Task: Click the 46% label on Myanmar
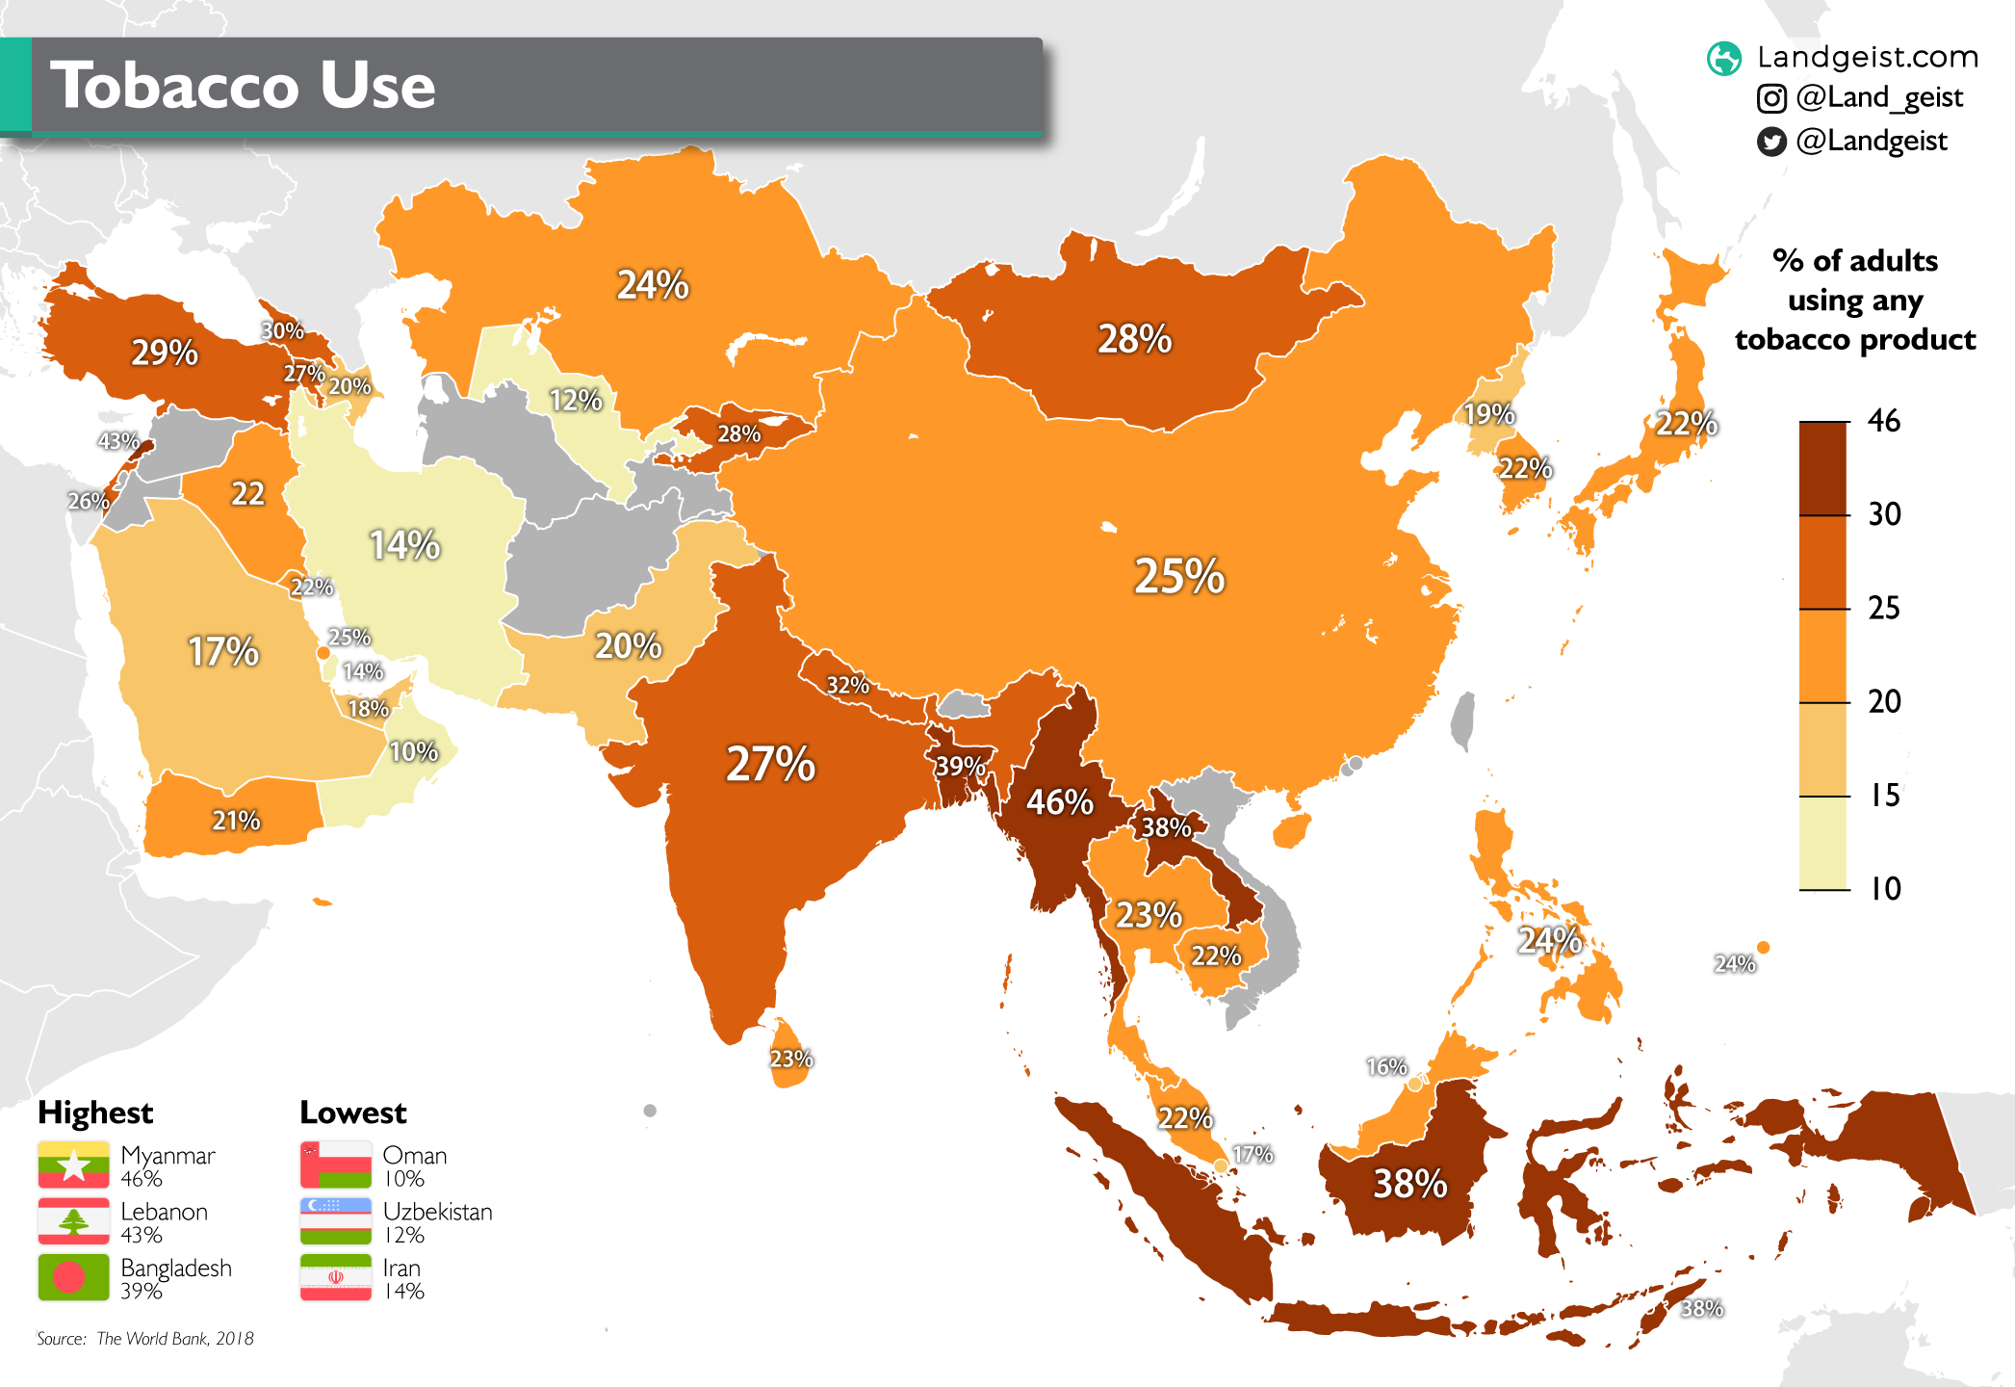[x=1059, y=801]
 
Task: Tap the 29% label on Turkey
[x=165, y=353]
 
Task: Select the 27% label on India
[x=770, y=764]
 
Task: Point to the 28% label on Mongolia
[x=1135, y=339]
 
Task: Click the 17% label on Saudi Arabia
[x=223, y=652]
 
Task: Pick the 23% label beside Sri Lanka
[x=791, y=1060]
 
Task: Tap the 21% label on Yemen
[x=236, y=821]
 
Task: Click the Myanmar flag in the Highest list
[x=73, y=1165]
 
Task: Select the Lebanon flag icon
[x=73, y=1221]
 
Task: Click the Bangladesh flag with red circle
[x=73, y=1277]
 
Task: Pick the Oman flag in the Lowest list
[x=335, y=1165]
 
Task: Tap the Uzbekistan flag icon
[x=335, y=1221]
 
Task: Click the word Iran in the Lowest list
[x=401, y=1268]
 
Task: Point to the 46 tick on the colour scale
[x=1884, y=421]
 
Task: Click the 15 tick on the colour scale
[x=1884, y=795]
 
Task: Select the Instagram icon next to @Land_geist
[x=1771, y=98]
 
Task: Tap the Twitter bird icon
[x=1771, y=142]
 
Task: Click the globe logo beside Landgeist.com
[x=1724, y=58]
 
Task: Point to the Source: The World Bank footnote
[x=145, y=1338]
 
